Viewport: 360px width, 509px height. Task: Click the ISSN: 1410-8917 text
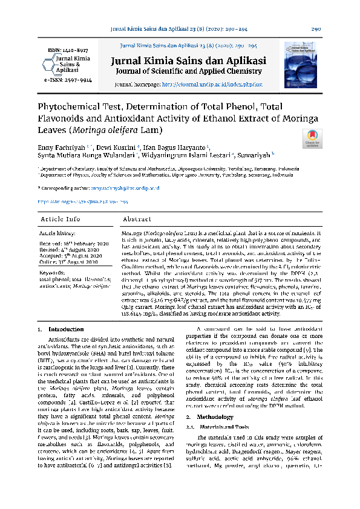click(59, 51)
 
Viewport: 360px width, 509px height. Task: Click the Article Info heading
click(60, 219)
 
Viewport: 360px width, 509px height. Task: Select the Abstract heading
click(137, 219)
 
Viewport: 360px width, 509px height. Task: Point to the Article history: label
click(58, 232)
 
